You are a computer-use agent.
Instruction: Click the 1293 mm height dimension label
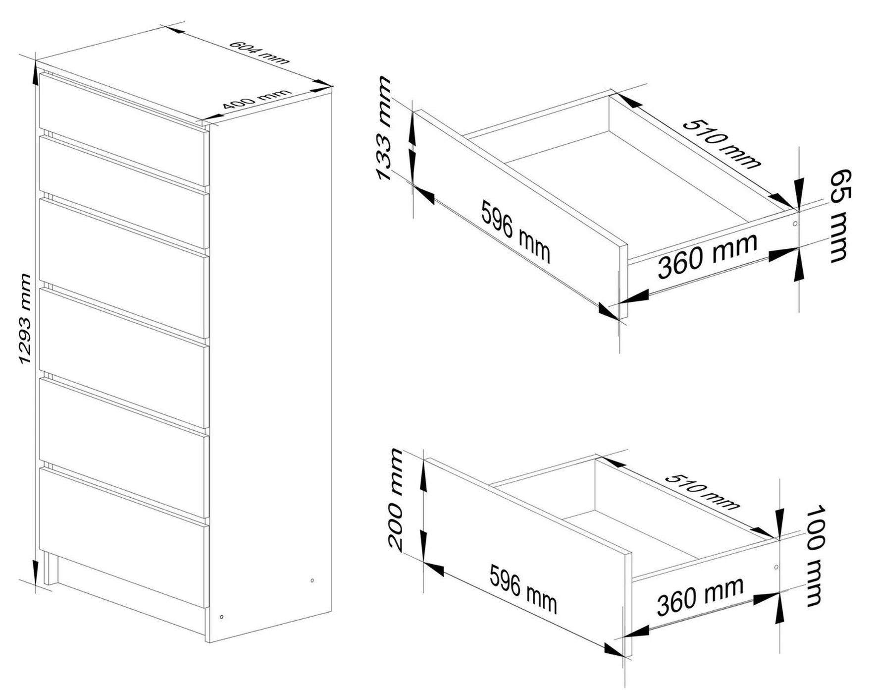[x=25, y=319]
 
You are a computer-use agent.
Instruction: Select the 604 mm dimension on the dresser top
[x=258, y=53]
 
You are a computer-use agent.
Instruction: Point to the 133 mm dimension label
[x=384, y=128]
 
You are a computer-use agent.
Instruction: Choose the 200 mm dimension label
[x=396, y=499]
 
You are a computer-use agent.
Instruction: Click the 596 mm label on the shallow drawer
[x=516, y=231]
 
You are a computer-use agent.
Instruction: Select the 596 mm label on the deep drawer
[x=523, y=589]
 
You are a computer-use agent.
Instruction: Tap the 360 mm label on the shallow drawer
[x=708, y=255]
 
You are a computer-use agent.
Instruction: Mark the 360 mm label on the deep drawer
[x=700, y=596]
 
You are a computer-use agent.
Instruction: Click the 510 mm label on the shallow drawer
[x=721, y=144]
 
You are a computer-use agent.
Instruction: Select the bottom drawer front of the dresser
[x=123, y=538]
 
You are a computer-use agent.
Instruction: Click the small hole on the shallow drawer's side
[x=795, y=224]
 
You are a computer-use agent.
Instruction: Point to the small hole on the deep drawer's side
[x=776, y=567]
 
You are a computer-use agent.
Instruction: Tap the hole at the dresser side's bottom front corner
[x=222, y=617]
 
